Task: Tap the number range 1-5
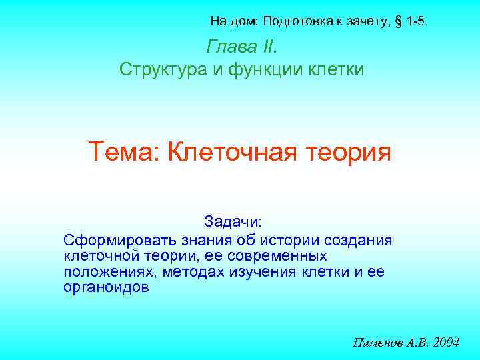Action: click(415, 22)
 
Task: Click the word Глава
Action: click(227, 47)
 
